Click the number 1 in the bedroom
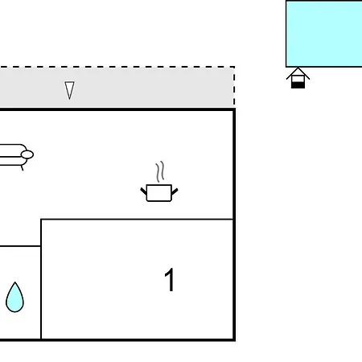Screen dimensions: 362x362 (x=170, y=279)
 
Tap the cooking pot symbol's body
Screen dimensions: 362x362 (x=159, y=193)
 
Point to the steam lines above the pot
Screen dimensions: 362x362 (x=160, y=171)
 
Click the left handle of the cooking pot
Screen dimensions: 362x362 (x=143, y=191)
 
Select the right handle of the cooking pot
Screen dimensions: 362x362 (x=175, y=191)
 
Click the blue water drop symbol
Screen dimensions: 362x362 (x=14, y=298)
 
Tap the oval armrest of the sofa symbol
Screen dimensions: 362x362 (x=27, y=154)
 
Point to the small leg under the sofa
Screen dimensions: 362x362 (x=23, y=168)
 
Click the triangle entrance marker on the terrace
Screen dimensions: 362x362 (x=69, y=90)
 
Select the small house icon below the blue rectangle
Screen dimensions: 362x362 (x=298, y=78)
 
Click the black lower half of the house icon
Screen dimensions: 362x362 (x=298, y=85)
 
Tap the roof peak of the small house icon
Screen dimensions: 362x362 (x=298, y=68)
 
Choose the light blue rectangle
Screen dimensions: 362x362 (x=324, y=34)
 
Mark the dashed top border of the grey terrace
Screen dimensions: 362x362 (x=117, y=67)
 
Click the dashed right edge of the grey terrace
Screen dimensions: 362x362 (x=234, y=86)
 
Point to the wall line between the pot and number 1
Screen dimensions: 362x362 (x=137, y=220)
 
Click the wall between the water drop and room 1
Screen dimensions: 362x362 (x=41, y=279)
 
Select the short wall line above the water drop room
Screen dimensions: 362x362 (x=20, y=245)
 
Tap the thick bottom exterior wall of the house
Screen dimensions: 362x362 (x=117, y=340)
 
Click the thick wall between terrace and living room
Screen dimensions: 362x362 (x=117, y=109)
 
